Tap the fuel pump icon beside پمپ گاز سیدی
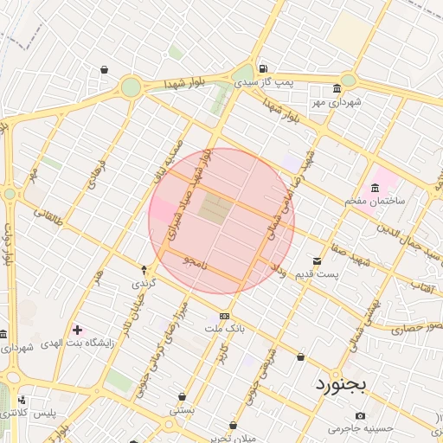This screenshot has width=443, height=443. click(x=263, y=69)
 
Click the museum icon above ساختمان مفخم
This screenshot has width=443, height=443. click(x=375, y=188)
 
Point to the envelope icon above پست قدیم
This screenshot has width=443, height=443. click(x=318, y=261)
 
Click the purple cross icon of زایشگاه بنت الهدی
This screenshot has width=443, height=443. click(x=79, y=330)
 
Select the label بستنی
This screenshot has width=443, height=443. click(x=183, y=410)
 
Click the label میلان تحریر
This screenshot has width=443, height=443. click(x=234, y=437)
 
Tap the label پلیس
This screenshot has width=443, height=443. click(x=42, y=414)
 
